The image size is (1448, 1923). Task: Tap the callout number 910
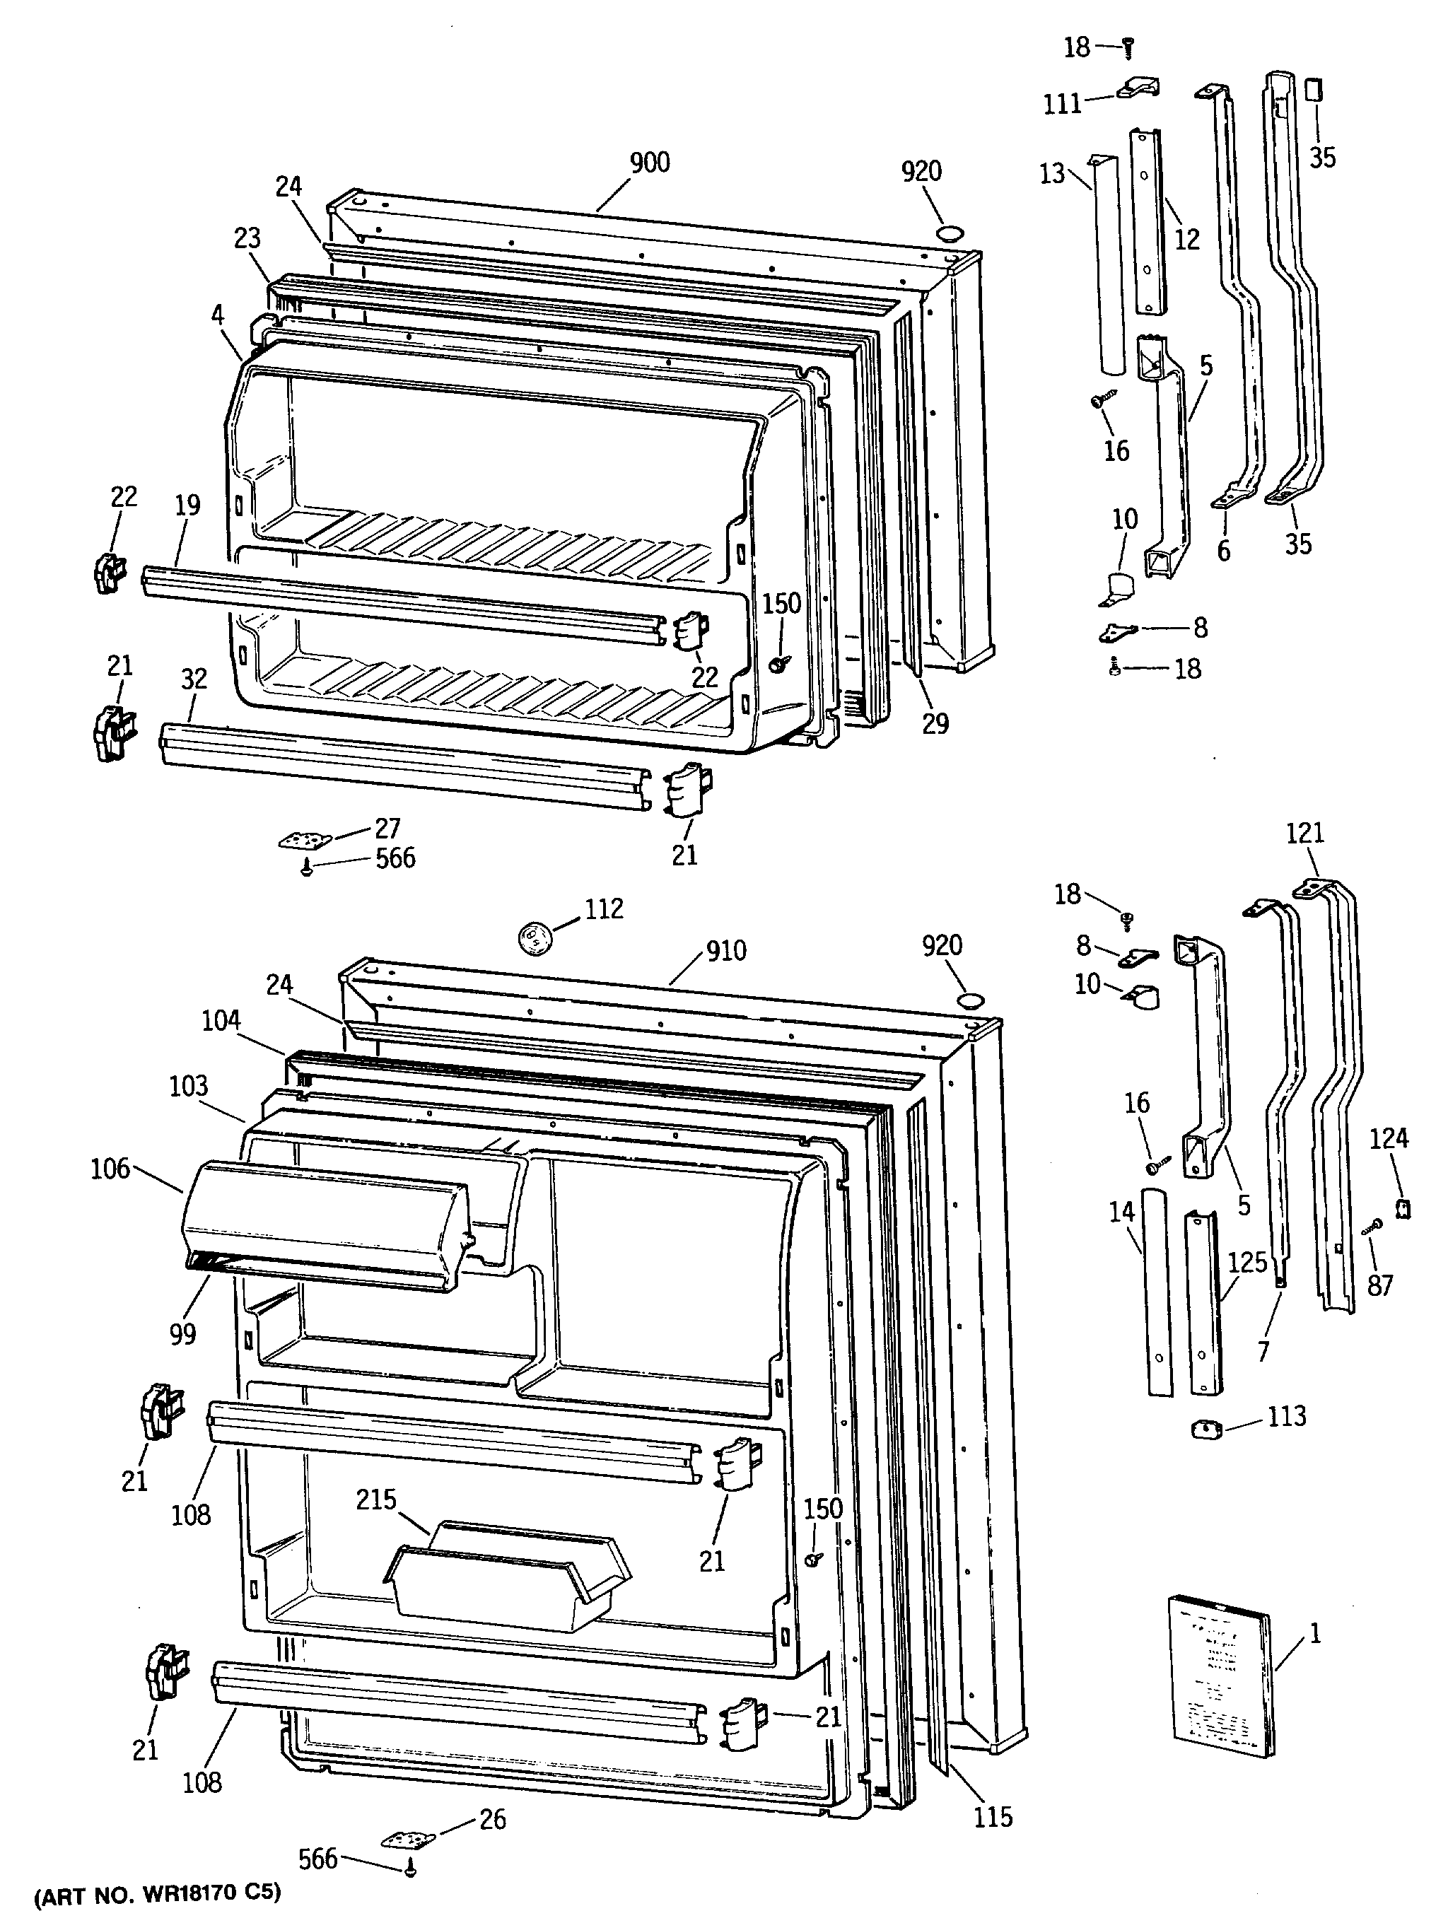pos(725,950)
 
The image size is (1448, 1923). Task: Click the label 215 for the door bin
pos(375,1499)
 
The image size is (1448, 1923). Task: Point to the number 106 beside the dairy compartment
pos(110,1169)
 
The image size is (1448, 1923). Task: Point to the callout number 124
pos(1388,1138)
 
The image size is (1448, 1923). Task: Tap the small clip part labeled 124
pos(1401,1208)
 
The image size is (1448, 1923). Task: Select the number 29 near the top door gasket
pos(935,723)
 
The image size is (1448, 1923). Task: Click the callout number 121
pos(1304,833)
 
